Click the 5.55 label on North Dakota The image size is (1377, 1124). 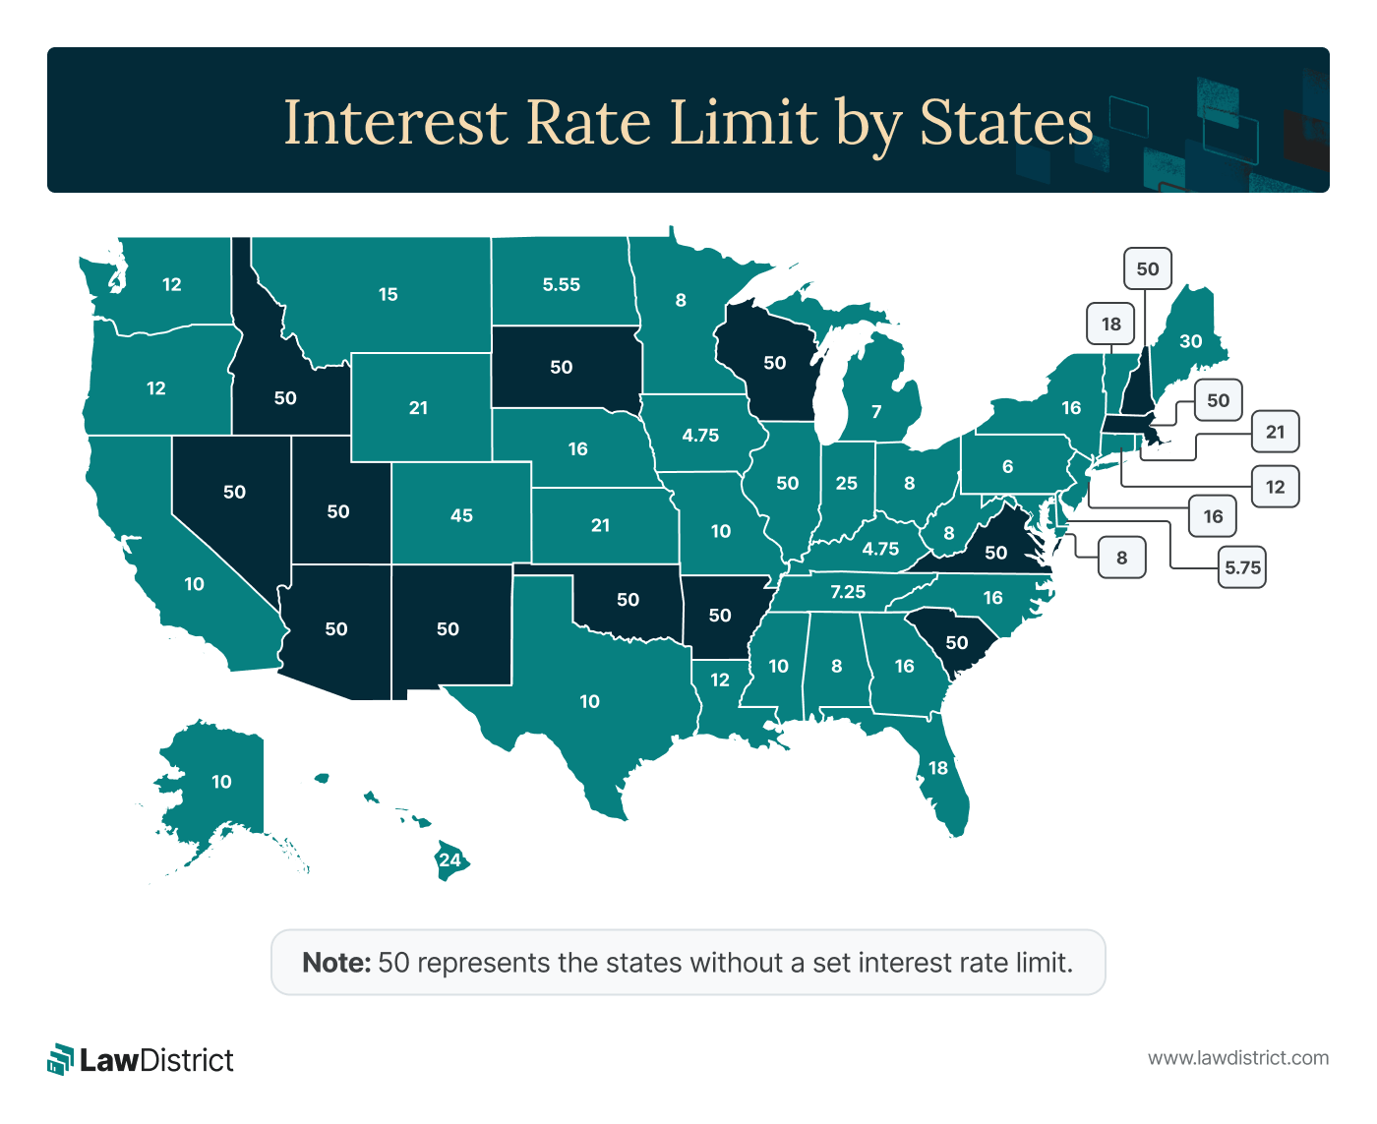pos(562,285)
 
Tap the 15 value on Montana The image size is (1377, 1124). pos(389,294)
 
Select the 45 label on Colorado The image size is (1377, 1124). pos(461,515)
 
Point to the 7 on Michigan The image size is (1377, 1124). pos(876,411)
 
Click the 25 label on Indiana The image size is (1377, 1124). pos(847,484)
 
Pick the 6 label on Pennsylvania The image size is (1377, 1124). pos(1007,466)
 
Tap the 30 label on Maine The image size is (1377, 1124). pos(1190,341)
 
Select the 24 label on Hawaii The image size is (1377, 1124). pos(449,859)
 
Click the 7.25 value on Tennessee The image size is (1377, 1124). pos(848,592)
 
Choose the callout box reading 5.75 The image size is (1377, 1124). pos(1242,567)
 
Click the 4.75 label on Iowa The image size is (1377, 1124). pos(700,435)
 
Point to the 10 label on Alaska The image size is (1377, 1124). pos(221,782)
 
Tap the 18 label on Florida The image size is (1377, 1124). pos(938,768)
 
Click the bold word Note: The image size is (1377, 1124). pos(336,962)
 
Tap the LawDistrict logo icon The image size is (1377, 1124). pos(61,1059)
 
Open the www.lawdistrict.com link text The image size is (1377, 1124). pos(1238,1058)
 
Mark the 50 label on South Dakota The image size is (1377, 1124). pos(561,367)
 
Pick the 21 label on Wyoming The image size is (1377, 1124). pos(418,407)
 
